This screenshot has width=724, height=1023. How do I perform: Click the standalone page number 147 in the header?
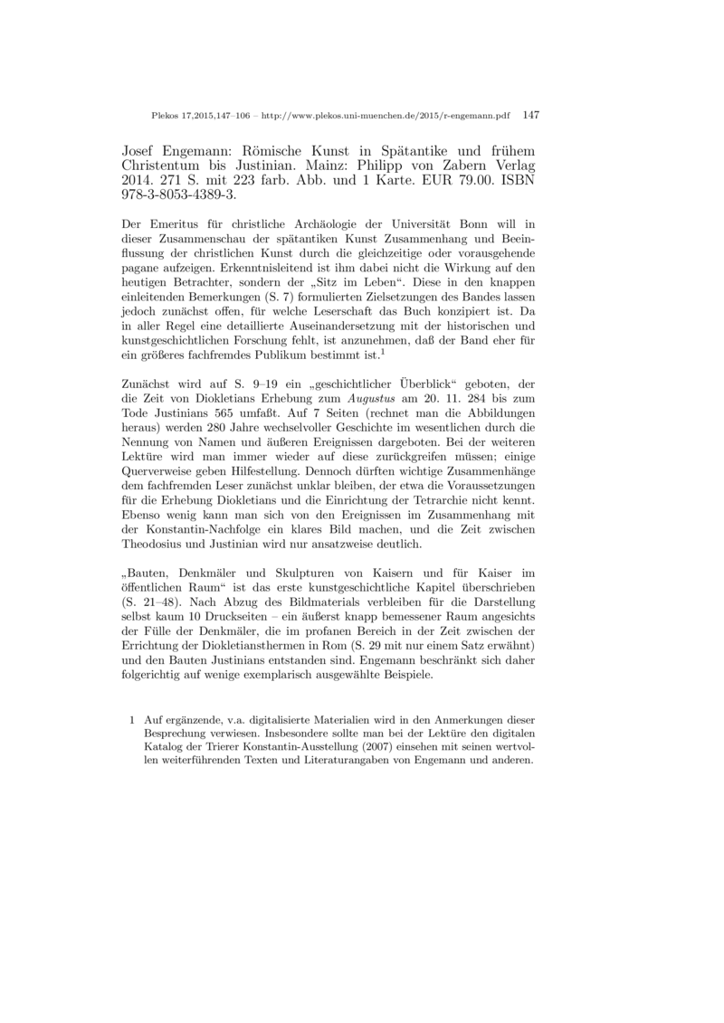(x=531, y=116)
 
